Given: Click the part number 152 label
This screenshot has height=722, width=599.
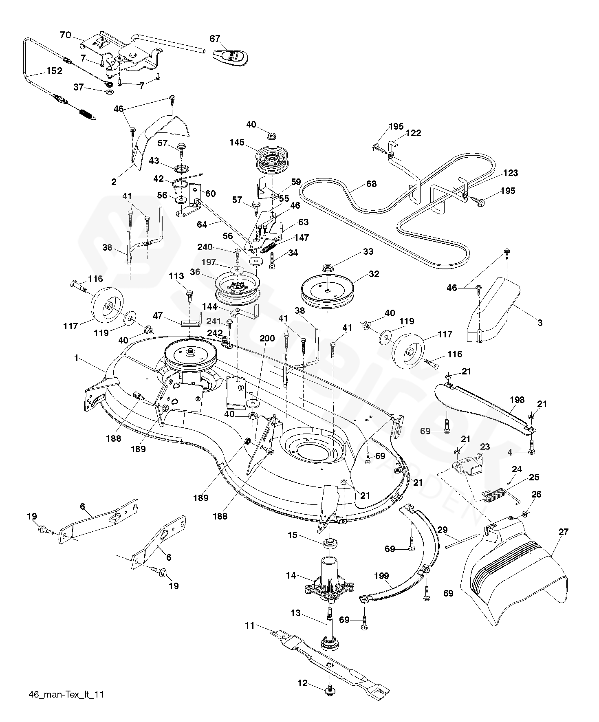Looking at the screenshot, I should click(x=54, y=71).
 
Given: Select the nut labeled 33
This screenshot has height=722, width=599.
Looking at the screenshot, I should click(x=327, y=268).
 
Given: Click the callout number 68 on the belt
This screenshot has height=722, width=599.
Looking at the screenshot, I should click(x=371, y=184).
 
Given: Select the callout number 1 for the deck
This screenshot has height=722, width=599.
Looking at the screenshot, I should click(x=76, y=358).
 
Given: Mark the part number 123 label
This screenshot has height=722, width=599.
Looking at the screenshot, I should click(x=510, y=173).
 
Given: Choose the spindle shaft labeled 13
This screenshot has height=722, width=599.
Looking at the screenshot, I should click(x=329, y=627).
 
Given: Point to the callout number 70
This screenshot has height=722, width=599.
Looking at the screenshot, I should click(x=65, y=35).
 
